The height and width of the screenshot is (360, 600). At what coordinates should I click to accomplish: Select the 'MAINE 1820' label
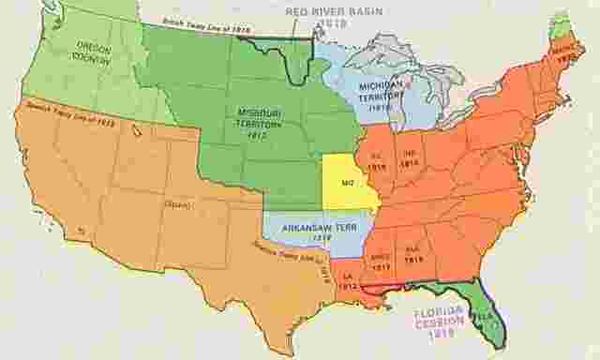(564, 54)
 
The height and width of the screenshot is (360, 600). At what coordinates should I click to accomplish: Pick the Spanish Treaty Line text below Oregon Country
(69, 106)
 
